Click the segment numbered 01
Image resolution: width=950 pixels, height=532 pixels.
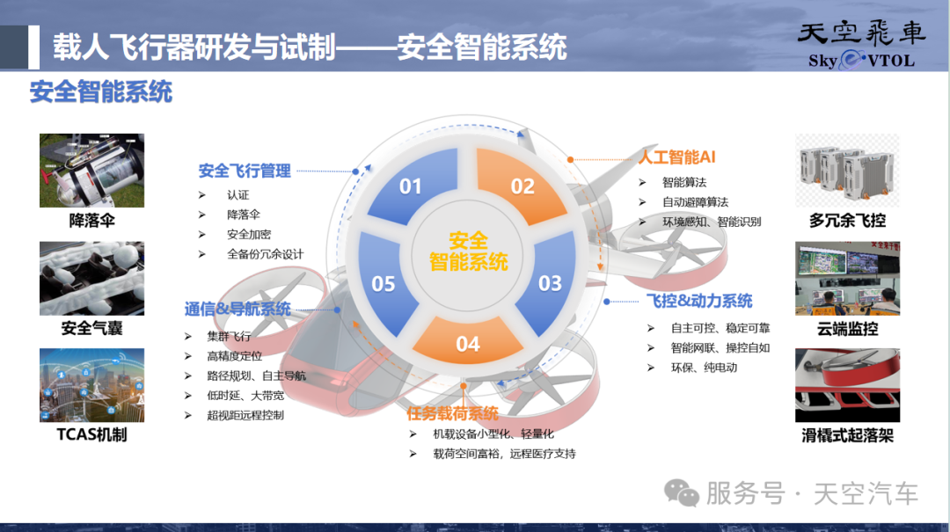415,185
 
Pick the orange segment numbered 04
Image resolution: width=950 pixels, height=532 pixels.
468,341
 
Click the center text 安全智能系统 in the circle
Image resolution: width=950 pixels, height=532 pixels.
468,251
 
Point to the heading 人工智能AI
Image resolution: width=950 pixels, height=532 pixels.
676,157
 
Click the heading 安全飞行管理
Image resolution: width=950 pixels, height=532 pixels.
245,171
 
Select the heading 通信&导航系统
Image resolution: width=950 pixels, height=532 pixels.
237,309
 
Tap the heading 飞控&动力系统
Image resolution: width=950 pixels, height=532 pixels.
699,301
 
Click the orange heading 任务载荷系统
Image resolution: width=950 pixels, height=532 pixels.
452,413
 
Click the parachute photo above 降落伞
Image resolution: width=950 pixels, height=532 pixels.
92,171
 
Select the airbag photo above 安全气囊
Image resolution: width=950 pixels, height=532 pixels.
92,278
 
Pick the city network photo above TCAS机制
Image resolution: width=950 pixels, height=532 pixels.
92,385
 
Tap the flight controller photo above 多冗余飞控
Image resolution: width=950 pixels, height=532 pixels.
847,171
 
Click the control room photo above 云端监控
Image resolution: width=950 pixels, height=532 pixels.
847,278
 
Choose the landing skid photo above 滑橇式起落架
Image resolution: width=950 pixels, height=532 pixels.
847,385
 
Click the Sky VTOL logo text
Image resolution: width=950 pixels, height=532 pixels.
861,60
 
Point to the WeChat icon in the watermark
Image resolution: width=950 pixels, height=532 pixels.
682,492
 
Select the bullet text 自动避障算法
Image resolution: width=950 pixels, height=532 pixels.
695,201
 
